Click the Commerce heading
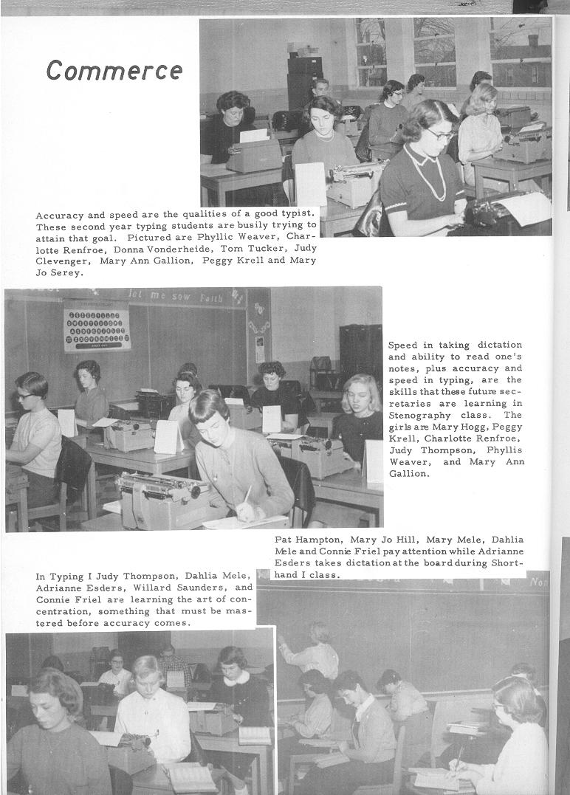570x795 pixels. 114,70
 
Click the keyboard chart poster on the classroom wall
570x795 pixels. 97,326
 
